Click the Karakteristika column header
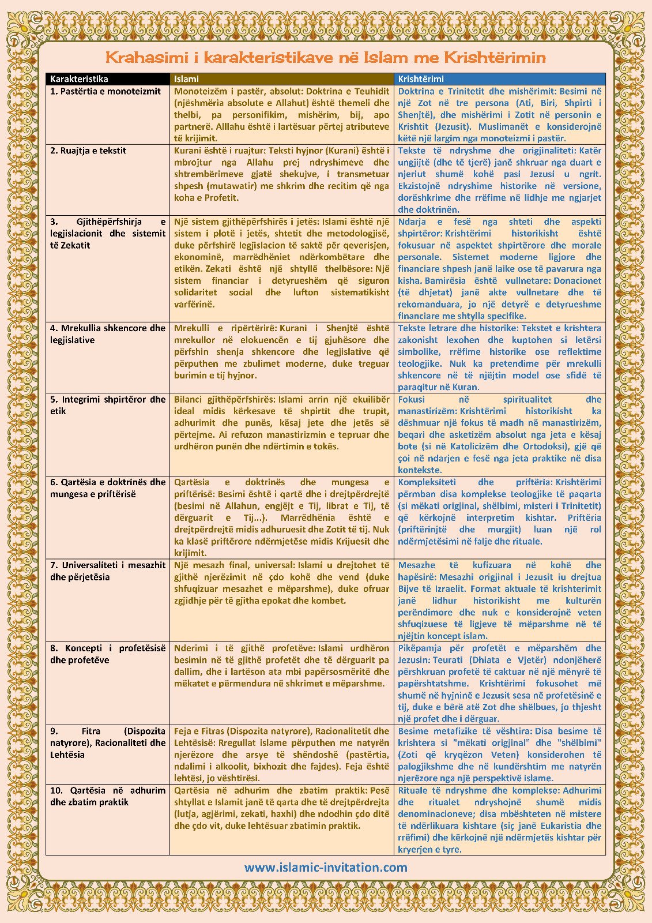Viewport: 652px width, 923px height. [79, 79]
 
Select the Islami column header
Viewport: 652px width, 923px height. [186, 79]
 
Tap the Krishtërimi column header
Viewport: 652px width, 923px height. [421, 79]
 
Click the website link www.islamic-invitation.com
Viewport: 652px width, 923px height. [326, 868]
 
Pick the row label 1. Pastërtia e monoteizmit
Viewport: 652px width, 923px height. [105, 91]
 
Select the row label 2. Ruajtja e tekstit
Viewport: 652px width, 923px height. [88, 151]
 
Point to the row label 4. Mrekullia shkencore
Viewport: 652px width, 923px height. [108, 328]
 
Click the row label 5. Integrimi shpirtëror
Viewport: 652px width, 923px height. [108, 399]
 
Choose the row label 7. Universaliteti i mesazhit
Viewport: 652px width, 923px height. [108, 565]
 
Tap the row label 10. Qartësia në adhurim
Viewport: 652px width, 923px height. [108, 790]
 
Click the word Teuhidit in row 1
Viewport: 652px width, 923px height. [371, 91]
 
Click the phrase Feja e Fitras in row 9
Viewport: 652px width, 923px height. [201, 731]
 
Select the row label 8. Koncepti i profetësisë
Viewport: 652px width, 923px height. [108, 648]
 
